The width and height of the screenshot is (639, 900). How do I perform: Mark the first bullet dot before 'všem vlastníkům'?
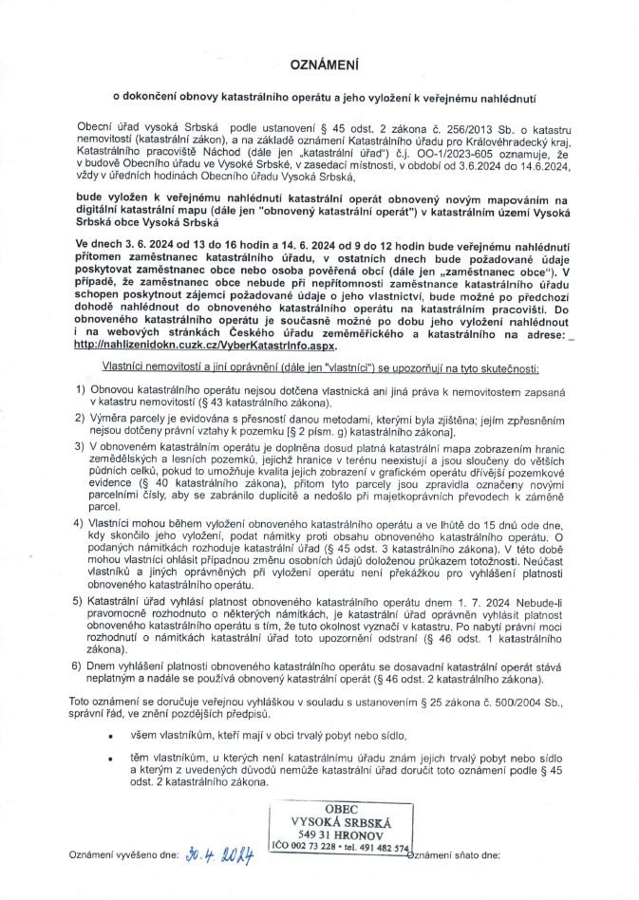pyautogui.click(x=111, y=737)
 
